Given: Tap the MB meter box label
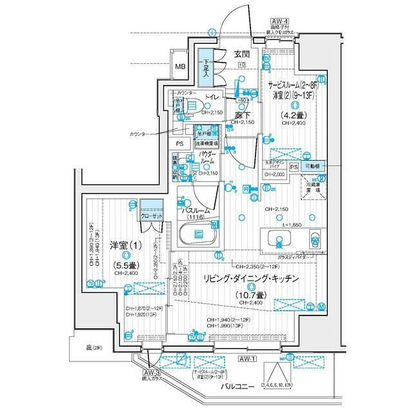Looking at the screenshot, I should [x=180, y=66].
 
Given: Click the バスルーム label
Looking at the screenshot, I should [x=196, y=211].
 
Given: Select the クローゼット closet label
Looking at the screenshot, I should [x=153, y=218].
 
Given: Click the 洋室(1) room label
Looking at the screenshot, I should [x=122, y=245].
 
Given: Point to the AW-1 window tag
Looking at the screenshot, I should [x=248, y=358].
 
